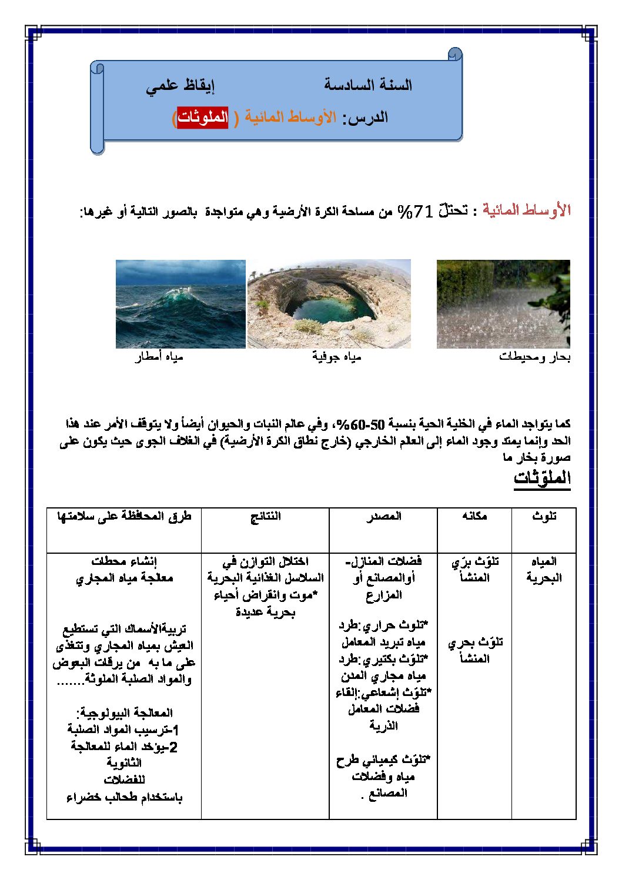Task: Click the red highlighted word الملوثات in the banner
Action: click(x=203, y=117)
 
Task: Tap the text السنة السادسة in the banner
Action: click(x=368, y=85)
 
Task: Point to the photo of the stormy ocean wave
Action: click(x=180, y=304)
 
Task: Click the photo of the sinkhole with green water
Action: click(x=329, y=304)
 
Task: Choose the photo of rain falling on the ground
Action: click(x=503, y=304)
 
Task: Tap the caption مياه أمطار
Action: click(x=159, y=357)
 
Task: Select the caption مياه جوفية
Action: click(x=336, y=357)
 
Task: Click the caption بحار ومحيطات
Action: click(x=534, y=357)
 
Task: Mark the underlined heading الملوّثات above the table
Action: click(x=542, y=478)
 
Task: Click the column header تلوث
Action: click(x=544, y=516)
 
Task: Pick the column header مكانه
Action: click(x=474, y=516)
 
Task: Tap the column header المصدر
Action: click(x=383, y=516)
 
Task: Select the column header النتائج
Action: click(x=265, y=516)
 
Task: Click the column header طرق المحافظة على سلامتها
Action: click(x=124, y=516)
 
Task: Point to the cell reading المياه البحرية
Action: click(x=544, y=569)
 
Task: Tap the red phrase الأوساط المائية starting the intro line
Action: click(x=527, y=210)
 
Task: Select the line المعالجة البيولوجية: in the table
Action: click(x=124, y=713)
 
